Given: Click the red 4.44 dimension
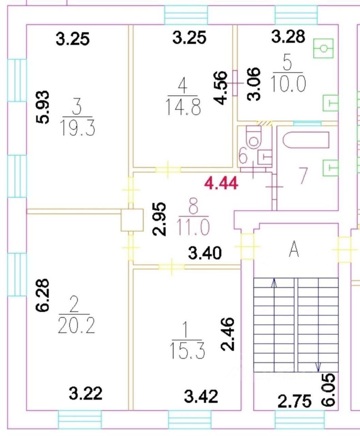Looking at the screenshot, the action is [222, 183].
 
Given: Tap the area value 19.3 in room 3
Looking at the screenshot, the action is [77, 129].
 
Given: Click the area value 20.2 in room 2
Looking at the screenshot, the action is [76, 326].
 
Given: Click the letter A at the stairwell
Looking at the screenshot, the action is [295, 249].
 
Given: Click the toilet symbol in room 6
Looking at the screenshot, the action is [252, 135].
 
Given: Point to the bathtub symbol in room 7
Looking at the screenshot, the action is [305, 140].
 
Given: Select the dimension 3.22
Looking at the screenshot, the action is [85, 393].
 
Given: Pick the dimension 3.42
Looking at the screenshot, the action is [201, 396].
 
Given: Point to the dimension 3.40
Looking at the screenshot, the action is [205, 253].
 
